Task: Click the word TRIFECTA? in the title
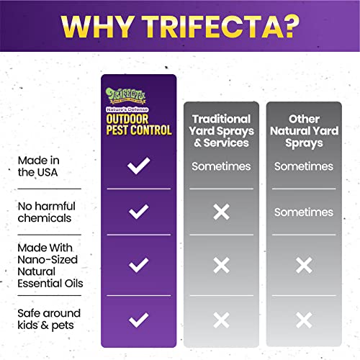pos(220,27)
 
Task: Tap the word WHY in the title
pos(96,27)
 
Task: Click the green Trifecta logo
pos(125,96)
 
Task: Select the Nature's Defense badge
pos(127,109)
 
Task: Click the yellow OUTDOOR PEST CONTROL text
pos(139,125)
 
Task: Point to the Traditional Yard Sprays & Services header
pos(221,131)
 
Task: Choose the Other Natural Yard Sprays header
pos(304,131)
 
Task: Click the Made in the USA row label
pos(38,166)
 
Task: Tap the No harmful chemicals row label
pos(47,212)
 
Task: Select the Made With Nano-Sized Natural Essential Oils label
pos(50,266)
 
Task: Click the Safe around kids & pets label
pos(49,319)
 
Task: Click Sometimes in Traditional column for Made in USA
pos(221,166)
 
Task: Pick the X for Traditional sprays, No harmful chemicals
pos(221,212)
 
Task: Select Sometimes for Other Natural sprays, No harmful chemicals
pos(304,212)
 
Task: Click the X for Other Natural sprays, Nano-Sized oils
pos(304,265)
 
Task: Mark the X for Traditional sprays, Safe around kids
pos(221,320)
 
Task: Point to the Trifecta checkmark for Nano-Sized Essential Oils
pos(138,266)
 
